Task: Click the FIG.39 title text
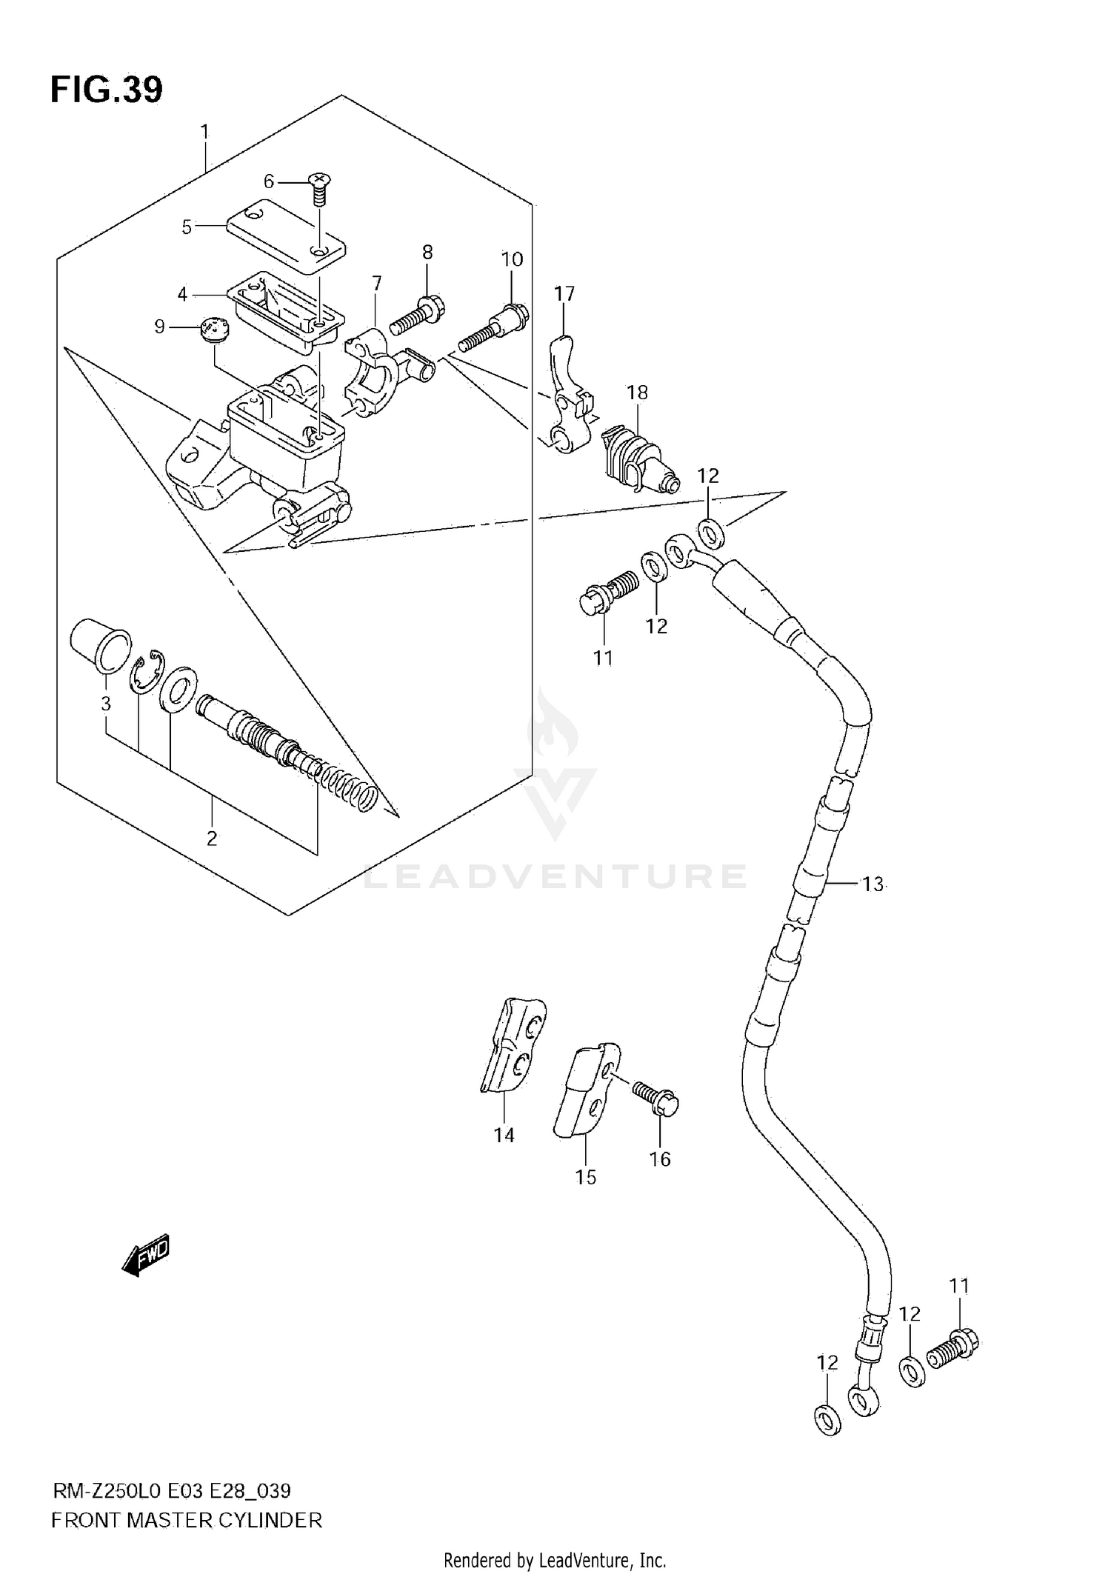tap(106, 90)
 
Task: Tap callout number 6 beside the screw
tap(269, 181)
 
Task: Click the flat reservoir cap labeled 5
tap(286, 236)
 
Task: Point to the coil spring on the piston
tap(350, 788)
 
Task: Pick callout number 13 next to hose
tap(873, 884)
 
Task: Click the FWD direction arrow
tap(146, 1255)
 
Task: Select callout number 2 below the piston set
tap(212, 839)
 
